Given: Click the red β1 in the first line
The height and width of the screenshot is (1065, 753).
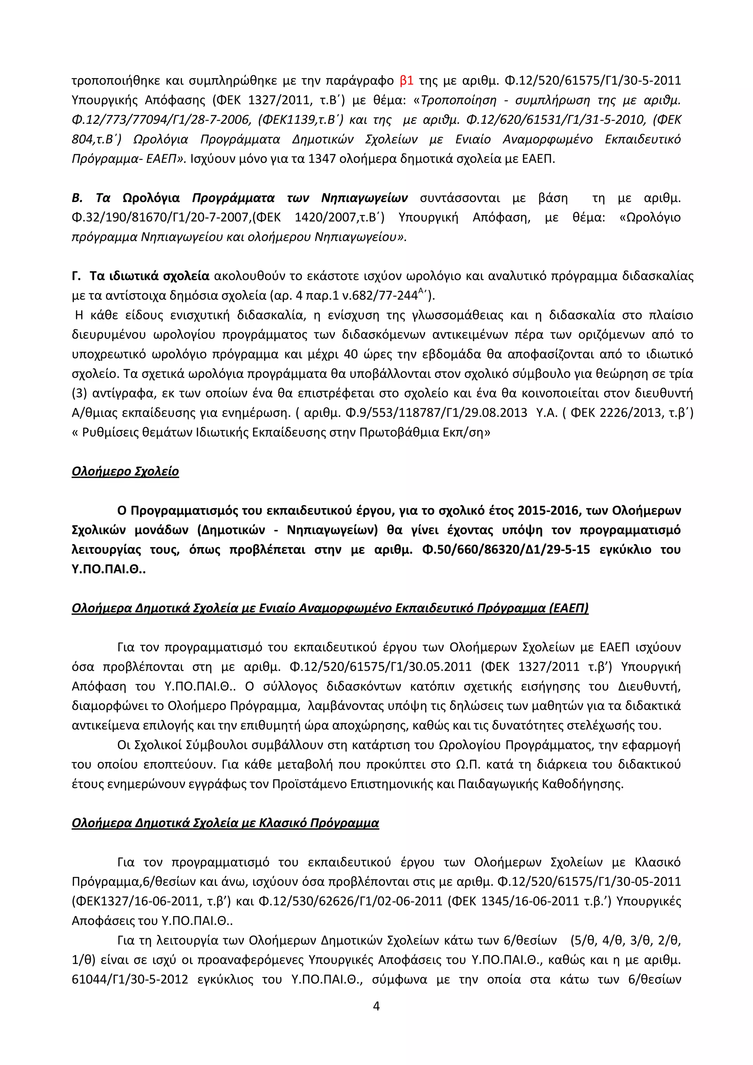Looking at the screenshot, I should click(x=406, y=81).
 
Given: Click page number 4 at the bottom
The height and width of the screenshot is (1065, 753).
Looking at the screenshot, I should click(x=376, y=1006).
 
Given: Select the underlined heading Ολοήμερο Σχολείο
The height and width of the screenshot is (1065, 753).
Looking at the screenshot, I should click(x=125, y=472).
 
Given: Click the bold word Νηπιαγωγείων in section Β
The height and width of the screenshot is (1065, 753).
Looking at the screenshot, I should click(x=364, y=198).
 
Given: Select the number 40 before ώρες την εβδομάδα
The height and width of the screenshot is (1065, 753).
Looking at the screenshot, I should click(x=351, y=355).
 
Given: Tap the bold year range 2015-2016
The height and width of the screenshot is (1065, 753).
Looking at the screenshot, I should click(x=549, y=511).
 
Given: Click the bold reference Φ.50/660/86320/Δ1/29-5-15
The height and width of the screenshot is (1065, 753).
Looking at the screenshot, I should click(x=506, y=550).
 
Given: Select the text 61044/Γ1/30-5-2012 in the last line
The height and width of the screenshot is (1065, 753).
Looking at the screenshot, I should click(x=130, y=979).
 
